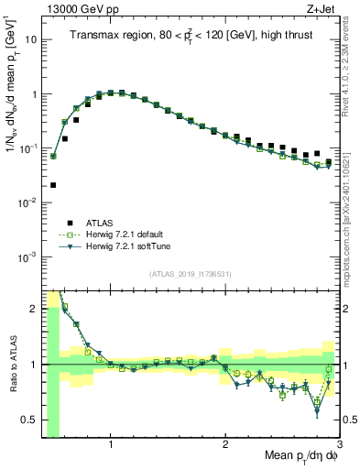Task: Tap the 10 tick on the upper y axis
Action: pyautogui.click(x=31, y=40)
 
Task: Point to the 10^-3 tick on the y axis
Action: pyautogui.click(x=27, y=256)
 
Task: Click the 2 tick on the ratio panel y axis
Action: pyautogui.click(x=33, y=308)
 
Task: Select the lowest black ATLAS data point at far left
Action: pyautogui.click(x=53, y=185)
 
